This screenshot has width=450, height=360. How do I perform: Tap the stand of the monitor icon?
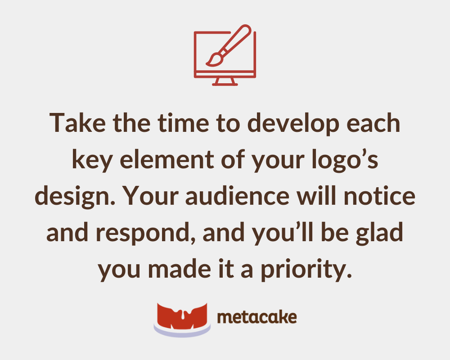click(x=225, y=81)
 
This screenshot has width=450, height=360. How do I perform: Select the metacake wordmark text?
click(x=256, y=318)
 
